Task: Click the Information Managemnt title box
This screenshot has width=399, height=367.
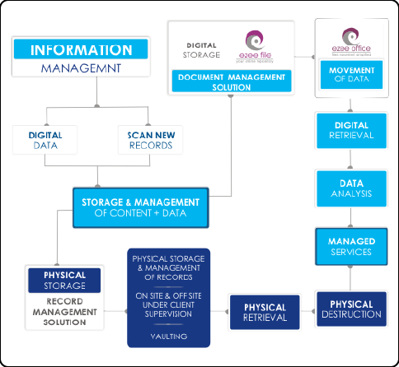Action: (82, 58)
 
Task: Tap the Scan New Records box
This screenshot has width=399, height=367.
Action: (151, 140)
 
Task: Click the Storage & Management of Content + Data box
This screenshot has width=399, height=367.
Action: (140, 207)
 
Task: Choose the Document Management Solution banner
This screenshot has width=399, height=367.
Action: (228, 81)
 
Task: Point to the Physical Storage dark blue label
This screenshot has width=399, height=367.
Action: (64, 281)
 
